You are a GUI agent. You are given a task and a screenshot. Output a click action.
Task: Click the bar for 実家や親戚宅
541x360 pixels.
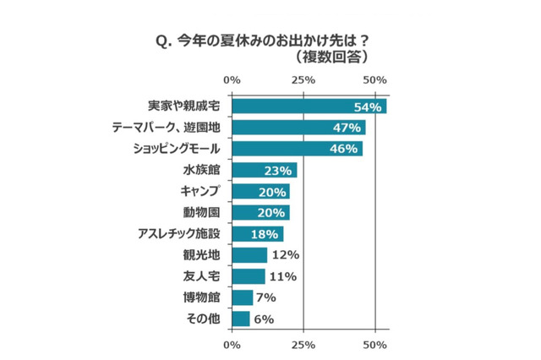point(309,106)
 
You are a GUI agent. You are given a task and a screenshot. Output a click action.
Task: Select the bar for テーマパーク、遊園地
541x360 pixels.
point(298,128)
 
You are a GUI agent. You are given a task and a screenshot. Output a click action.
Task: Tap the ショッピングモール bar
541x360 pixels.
point(297,149)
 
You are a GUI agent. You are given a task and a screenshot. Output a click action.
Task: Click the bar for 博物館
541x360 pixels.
point(242,297)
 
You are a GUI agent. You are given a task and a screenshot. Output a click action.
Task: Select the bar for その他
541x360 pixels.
point(240,319)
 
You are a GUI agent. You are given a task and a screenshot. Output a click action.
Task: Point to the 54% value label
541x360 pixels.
point(369,106)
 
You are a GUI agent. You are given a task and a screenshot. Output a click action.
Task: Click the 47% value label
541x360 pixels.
point(349,128)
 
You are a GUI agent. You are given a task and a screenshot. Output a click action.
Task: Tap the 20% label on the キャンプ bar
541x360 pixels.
point(272,191)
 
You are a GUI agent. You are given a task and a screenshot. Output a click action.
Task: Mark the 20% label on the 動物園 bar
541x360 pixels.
point(272,212)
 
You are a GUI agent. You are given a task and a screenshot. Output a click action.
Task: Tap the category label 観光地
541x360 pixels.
point(201,255)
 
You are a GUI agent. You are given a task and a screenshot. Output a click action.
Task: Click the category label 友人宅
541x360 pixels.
point(201,276)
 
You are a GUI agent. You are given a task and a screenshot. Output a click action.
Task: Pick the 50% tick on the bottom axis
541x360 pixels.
point(374,345)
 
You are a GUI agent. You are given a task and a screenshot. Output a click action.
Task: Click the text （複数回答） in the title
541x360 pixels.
point(325,57)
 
